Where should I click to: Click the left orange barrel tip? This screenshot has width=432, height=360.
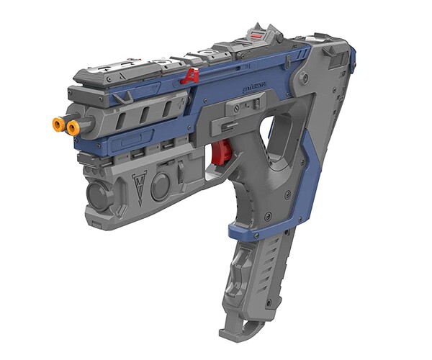point(58,125)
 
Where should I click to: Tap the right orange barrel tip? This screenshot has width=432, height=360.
point(73,127)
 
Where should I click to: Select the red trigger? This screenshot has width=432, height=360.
point(222,152)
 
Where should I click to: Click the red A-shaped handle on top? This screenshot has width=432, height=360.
point(191,76)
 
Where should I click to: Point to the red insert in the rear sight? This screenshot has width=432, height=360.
point(257,32)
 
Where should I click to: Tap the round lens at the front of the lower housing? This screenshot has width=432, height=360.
point(96,194)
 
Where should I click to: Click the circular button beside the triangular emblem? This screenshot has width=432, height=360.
point(161,186)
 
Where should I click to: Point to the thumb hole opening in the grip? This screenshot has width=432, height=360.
point(276,136)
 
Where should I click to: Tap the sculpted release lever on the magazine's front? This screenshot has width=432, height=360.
point(238,288)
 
